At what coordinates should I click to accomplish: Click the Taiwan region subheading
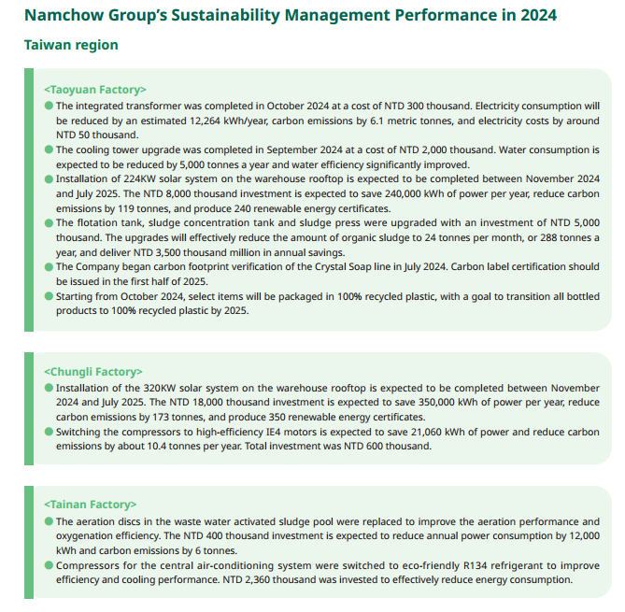point(71,45)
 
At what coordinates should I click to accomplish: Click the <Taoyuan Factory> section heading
point(95,90)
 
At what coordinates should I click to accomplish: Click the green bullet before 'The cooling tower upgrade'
point(50,149)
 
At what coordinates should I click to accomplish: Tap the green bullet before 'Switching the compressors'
point(50,433)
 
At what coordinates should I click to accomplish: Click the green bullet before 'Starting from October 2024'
point(50,297)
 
